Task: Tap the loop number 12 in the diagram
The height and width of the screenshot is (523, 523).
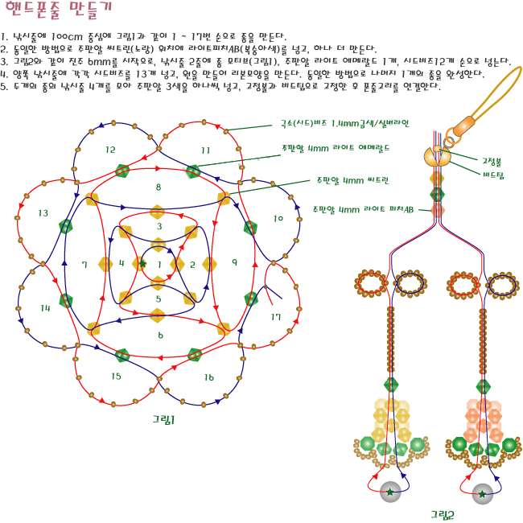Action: (x=110, y=150)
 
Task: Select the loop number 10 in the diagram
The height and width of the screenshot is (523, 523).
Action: (x=278, y=218)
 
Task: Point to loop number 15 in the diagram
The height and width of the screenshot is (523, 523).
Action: (x=117, y=376)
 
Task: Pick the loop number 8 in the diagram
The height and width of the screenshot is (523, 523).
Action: (x=159, y=187)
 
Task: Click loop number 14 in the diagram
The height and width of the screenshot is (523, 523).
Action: (x=45, y=307)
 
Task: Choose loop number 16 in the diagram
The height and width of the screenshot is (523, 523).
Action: (x=209, y=377)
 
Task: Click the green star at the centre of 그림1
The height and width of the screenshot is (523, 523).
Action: (x=142, y=264)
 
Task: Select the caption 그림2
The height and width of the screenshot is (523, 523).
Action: (x=442, y=513)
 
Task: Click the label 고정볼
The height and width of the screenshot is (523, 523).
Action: (x=492, y=161)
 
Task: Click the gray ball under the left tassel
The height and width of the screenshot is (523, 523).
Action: (x=390, y=492)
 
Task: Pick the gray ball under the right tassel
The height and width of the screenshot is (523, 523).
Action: (x=482, y=492)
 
